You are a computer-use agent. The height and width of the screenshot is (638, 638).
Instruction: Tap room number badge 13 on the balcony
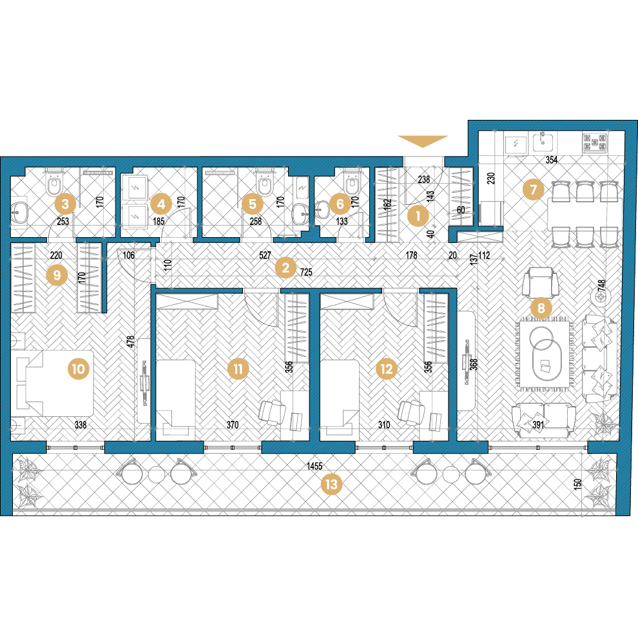[x=331, y=484]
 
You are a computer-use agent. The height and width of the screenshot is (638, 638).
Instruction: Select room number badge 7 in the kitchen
[x=533, y=189]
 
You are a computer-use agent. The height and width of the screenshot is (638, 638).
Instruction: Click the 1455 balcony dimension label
[x=314, y=466]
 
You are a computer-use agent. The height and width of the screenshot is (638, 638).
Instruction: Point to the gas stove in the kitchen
[x=595, y=143]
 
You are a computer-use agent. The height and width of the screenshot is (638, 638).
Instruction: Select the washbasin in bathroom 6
[x=324, y=209]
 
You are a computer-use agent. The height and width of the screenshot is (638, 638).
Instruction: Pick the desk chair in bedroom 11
[x=271, y=412]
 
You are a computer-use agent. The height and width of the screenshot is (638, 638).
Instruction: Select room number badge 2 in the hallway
[x=285, y=268]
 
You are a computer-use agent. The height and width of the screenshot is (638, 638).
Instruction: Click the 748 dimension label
[x=601, y=285]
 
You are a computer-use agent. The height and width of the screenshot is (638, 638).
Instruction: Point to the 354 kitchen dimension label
[x=552, y=160]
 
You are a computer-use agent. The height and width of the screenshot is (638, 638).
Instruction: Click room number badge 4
[x=161, y=204]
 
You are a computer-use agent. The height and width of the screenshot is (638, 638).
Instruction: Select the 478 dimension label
[x=130, y=341]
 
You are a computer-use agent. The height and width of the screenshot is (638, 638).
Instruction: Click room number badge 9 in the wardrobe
[x=57, y=275]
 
